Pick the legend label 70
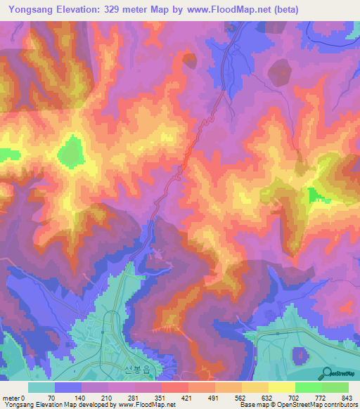pyautogui.click(x=51, y=397)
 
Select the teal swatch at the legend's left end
pyautogui.click(x=41, y=387)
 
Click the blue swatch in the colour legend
pyautogui.click(x=68, y=387)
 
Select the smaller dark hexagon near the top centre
pyautogui.click(x=190, y=60)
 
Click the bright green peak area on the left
pyautogui.click(x=70, y=153)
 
